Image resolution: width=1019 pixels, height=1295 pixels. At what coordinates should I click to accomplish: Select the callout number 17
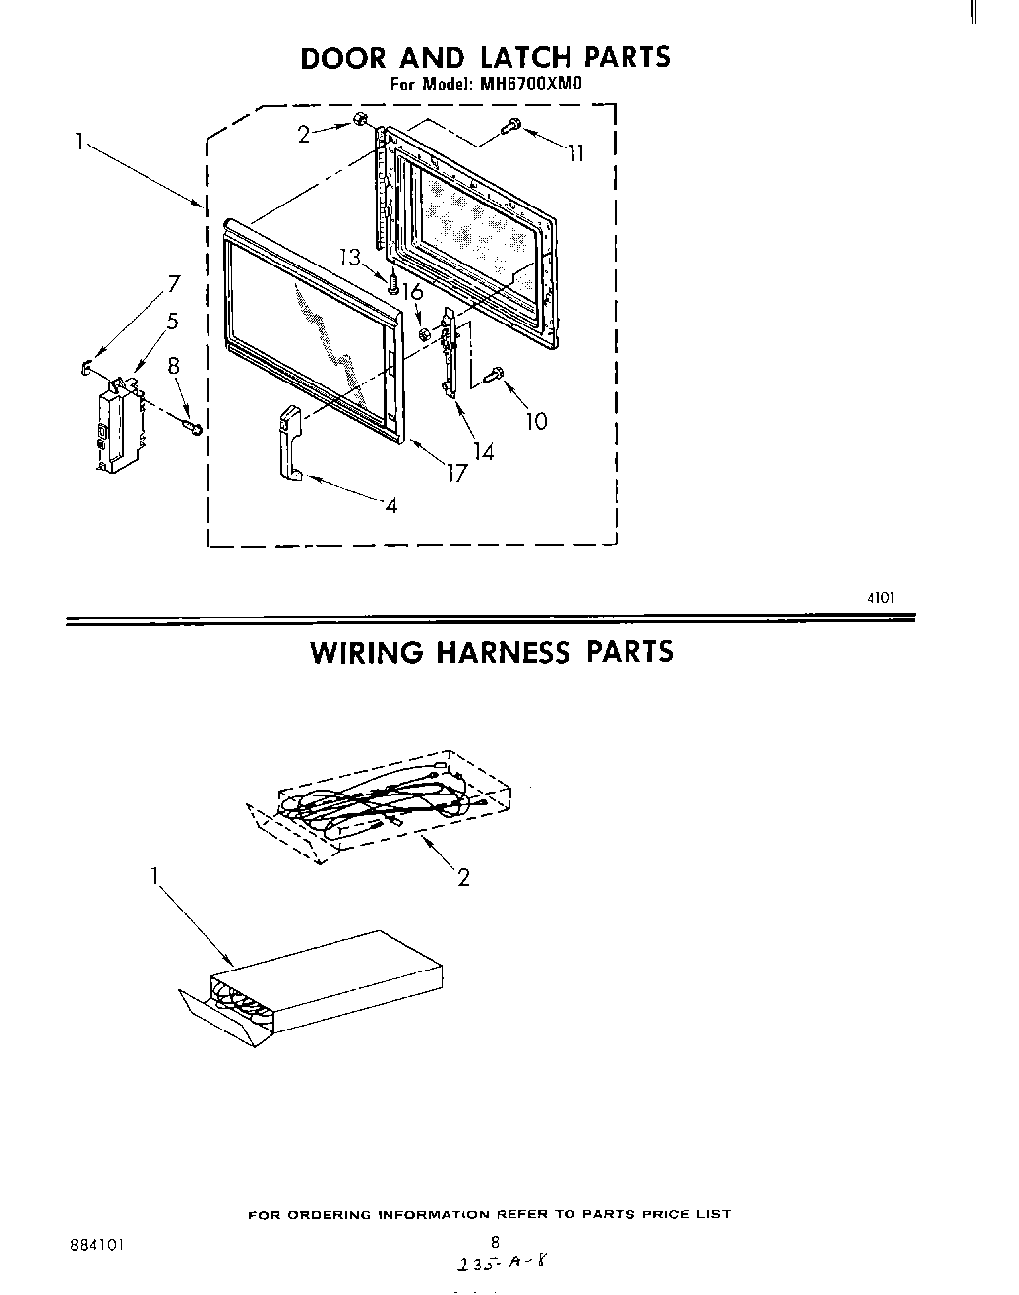tap(455, 473)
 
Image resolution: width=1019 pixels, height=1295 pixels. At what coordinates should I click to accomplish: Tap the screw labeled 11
tap(511, 125)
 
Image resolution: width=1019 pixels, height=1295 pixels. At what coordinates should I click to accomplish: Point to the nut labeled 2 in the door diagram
tap(361, 121)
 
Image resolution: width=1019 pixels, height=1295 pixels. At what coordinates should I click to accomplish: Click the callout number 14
tap(483, 452)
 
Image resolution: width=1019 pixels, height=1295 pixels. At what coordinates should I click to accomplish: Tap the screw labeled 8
tap(193, 426)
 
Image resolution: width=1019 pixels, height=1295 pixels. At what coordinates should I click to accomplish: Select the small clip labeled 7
tap(86, 368)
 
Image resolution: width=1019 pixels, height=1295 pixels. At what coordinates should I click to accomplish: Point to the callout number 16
tap(412, 292)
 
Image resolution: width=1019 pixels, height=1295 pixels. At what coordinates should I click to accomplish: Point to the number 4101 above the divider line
tap(880, 596)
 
